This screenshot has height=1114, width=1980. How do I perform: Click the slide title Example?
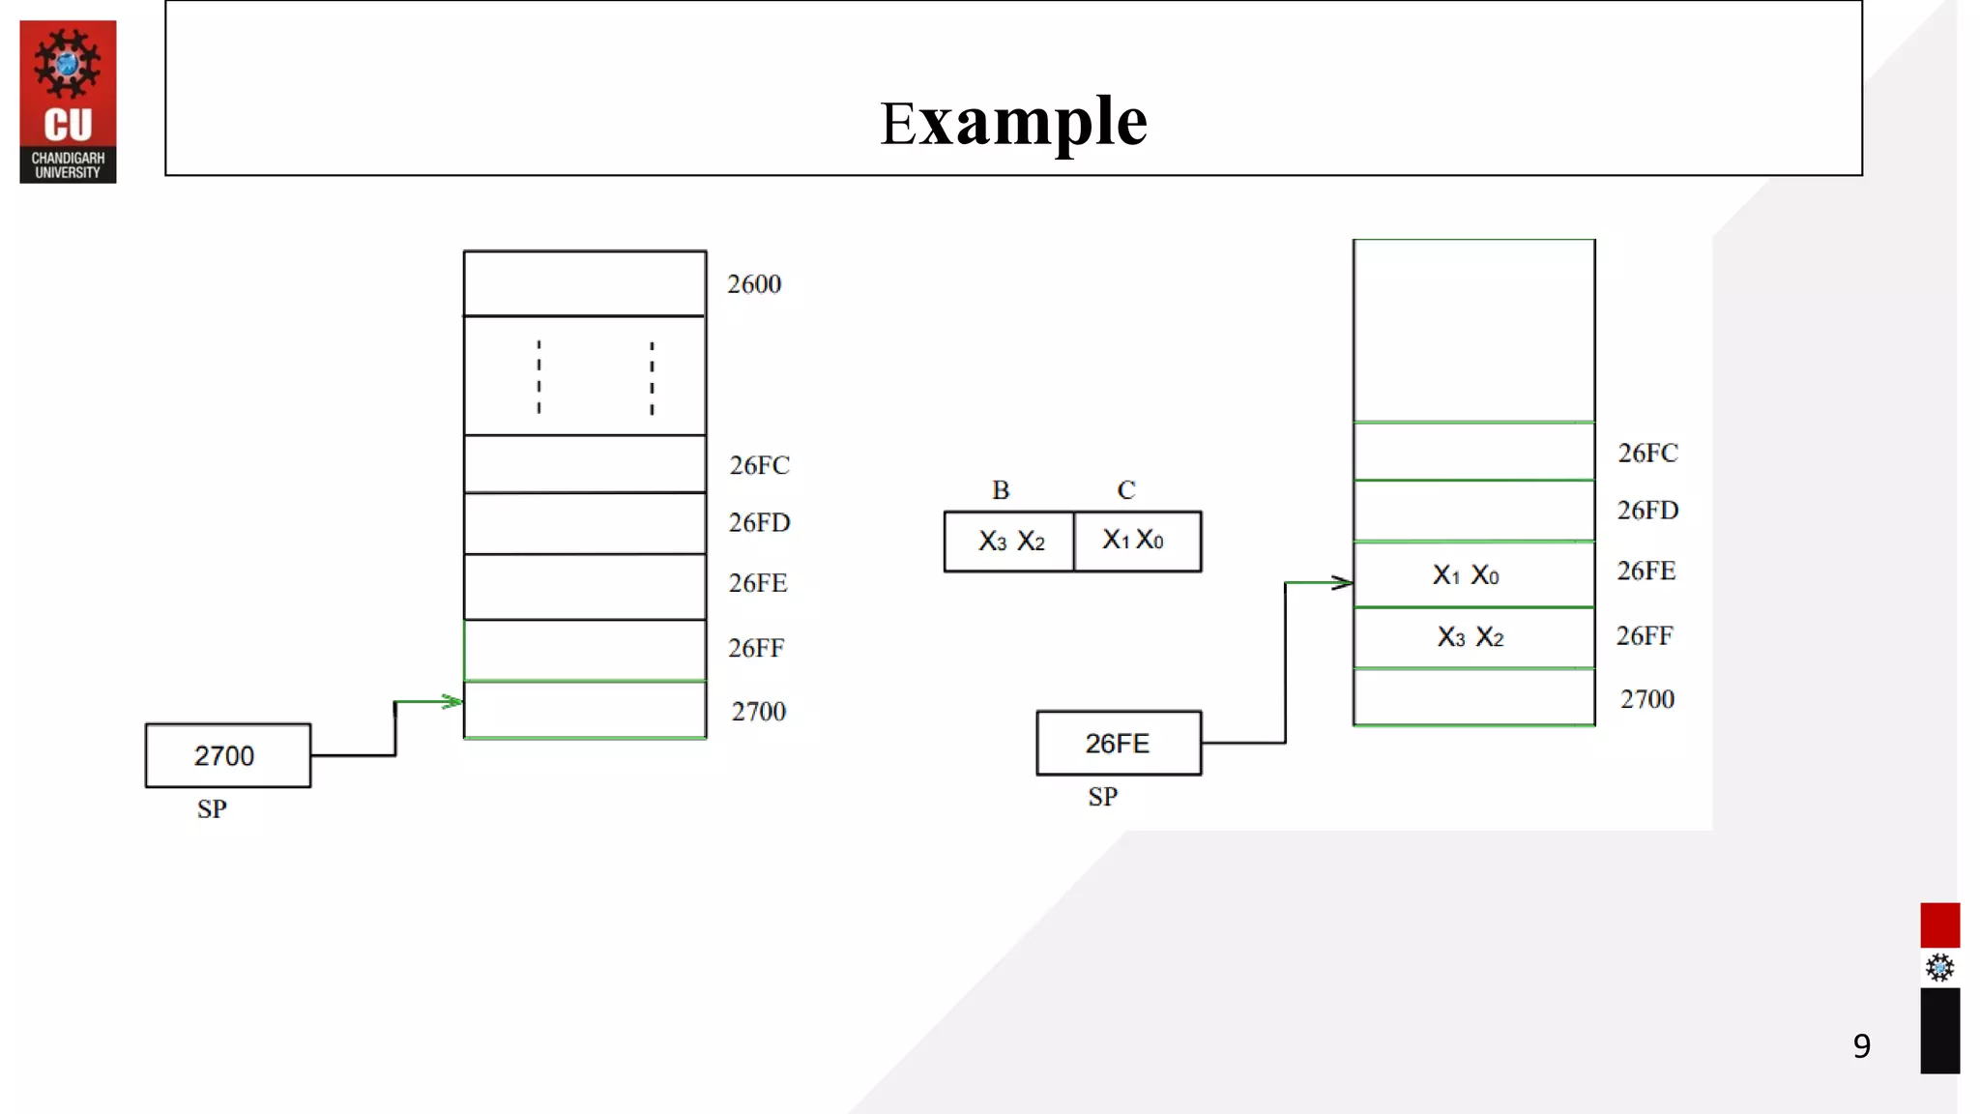[1013, 122]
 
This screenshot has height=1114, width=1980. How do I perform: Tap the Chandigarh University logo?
[68, 102]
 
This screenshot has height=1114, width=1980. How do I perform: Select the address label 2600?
[754, 284]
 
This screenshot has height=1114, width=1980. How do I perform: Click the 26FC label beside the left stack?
[759, 465]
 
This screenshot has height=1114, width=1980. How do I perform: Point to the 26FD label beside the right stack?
[1647, 510]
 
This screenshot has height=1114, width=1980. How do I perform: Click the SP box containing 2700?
[228, 755]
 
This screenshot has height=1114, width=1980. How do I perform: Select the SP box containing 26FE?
[1119, 743]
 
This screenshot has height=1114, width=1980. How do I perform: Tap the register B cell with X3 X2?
[1009, 542]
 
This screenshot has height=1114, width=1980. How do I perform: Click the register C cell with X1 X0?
[1137, 541]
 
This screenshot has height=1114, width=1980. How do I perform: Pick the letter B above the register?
[1001, 490]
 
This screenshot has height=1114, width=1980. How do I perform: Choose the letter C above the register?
[1126, 490]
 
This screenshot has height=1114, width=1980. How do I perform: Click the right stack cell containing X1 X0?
[1473, 574]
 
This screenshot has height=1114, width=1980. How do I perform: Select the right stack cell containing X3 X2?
[1473, 637]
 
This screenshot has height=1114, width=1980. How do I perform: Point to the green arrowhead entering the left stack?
[452, 701]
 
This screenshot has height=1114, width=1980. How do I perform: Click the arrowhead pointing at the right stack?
[1342, 582]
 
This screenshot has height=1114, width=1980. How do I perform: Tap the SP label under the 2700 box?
[212, 808]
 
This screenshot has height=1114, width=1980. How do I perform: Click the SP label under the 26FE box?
[1102, 797]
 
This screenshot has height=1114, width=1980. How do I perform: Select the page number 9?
[1861, 1045]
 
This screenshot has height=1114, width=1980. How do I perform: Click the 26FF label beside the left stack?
[756, 648]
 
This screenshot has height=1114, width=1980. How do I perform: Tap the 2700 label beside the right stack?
[1646, 699]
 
